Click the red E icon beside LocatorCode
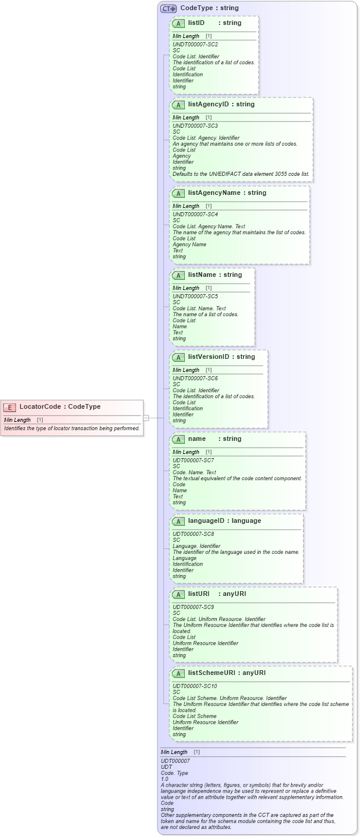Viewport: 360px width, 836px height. click(x=10, y=407)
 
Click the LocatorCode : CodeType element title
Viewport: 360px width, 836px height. click(x=59, y=407)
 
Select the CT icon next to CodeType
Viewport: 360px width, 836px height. click(x=168, y=8)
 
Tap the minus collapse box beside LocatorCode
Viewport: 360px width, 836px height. click(x=146, y=418)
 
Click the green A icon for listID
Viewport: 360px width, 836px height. click(x=178, y=23)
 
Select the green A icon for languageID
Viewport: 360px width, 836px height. click(x=178, y=521)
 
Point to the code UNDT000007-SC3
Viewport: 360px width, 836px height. click(x=195, y=126)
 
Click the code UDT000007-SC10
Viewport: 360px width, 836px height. click(x=194, y=686)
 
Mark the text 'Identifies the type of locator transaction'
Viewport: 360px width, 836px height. click(x=71, y=428)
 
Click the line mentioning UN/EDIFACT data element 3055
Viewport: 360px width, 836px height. click(x=241, y=174)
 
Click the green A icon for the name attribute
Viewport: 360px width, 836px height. click(x=178, y=439)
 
